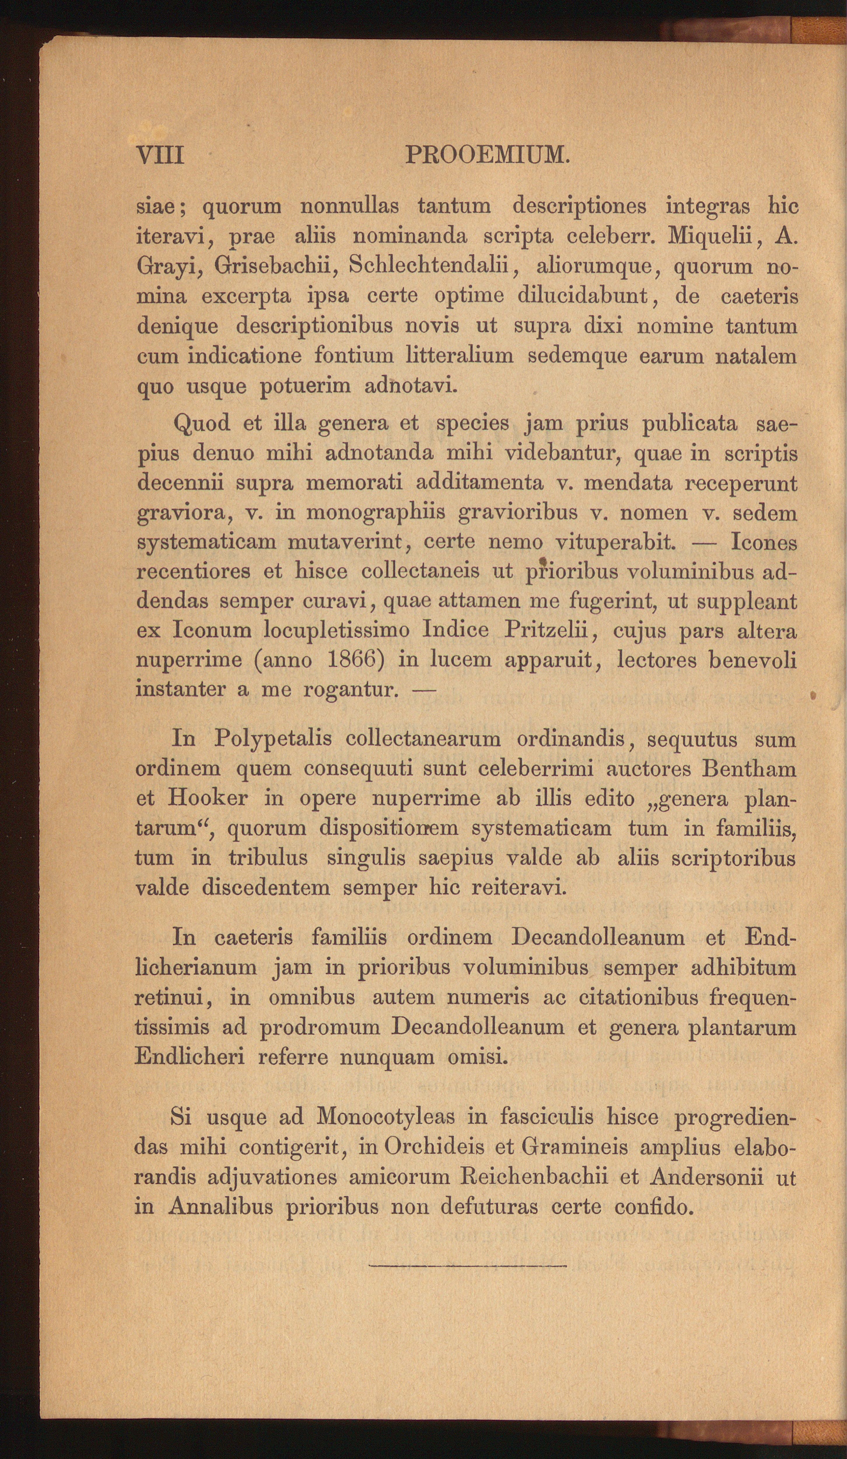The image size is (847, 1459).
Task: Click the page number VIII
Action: click(160, 155)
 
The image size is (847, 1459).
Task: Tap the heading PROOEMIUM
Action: click(487, 155)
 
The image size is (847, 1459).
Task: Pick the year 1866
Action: click(355, 660)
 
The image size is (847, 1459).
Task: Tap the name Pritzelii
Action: click(549, 630)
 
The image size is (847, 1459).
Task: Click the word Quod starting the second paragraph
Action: click(201, 423)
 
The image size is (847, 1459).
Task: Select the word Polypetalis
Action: click(272, 739)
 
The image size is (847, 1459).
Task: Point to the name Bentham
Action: click(749, 768)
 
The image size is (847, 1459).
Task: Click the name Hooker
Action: click(208, 797)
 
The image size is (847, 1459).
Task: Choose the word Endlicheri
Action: click(190, 1056)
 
